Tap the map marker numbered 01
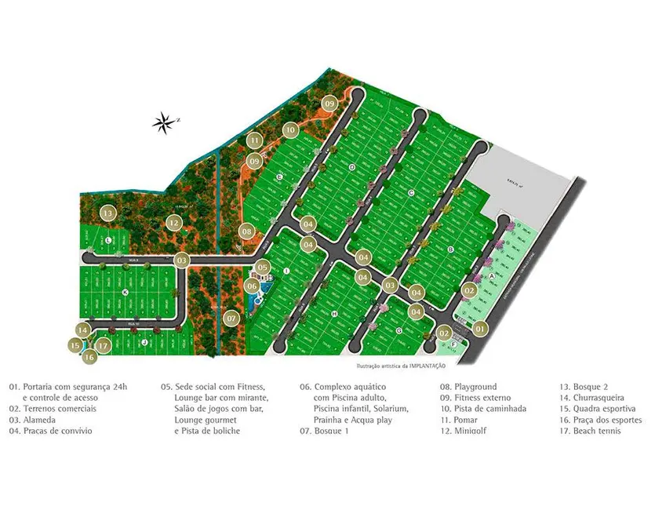(x=480, y=330)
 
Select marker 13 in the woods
(x=108, y=213)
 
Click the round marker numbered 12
(x=174, y=224)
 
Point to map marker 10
(x=290, y=130)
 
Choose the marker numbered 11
(x=254, y=141)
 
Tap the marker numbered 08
(x=246, y=231)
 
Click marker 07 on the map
(x=231, y=319)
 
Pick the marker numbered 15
(x=75, y=344)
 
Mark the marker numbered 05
(x=263, y=268)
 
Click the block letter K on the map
(x=125, y=292)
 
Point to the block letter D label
(x=352, y=167)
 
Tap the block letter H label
(x=334, y=314)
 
